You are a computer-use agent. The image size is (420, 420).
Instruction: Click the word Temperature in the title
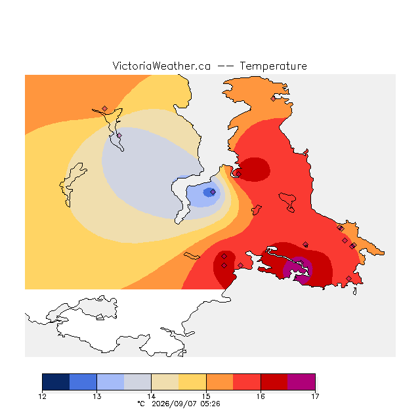tap(273, 66)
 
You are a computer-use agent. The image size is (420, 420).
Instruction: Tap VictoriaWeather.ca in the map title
tap(161, 66)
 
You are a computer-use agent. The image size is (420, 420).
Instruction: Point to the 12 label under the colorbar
tap(42, 396)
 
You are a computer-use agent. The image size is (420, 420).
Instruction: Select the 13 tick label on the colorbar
tap(96, 396)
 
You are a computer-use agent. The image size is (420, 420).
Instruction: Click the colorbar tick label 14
tap(152, 396)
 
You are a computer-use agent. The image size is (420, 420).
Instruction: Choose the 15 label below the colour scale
tap(206, 396)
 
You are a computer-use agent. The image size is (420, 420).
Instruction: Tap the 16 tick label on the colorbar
tap(261, 396)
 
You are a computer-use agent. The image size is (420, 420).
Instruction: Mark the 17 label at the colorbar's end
tap(315, 396)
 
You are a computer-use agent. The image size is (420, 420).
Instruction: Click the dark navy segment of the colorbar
tap(56, 382)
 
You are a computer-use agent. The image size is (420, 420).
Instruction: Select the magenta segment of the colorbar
tap(301, 382)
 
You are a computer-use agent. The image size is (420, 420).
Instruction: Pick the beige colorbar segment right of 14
tap(165, 382)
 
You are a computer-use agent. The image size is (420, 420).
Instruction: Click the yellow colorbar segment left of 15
tap(192, 382)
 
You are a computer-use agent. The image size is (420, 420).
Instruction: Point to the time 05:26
tap(210, 404)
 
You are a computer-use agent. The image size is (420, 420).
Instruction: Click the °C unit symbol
tap(141, 404)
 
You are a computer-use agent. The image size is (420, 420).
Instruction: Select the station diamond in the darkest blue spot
tap(213, 192)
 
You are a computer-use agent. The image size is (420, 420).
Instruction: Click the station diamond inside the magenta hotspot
tap(301, 262)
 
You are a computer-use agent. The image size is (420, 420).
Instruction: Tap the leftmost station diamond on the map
tap(105, 108)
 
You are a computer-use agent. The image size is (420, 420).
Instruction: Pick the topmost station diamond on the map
tap(273, 99)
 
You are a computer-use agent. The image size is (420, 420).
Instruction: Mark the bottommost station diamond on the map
tap(348, 278)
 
